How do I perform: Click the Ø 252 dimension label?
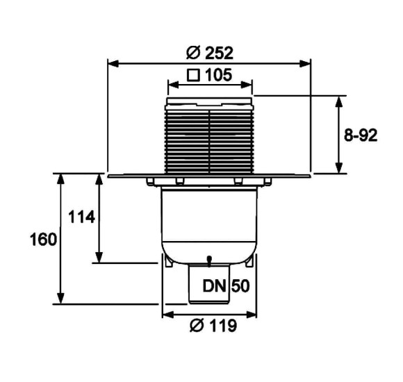(210, 53)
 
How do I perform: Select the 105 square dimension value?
(218, 75)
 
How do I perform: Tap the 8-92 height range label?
(361, 135)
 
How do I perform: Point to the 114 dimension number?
(81, 217)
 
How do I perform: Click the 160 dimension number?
(43, 240)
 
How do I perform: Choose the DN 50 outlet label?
(226, 286)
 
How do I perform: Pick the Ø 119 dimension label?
(213, 326)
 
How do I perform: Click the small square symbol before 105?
(193, 75)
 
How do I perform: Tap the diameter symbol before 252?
(193, 53)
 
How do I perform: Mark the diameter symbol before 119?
(197, 326)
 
